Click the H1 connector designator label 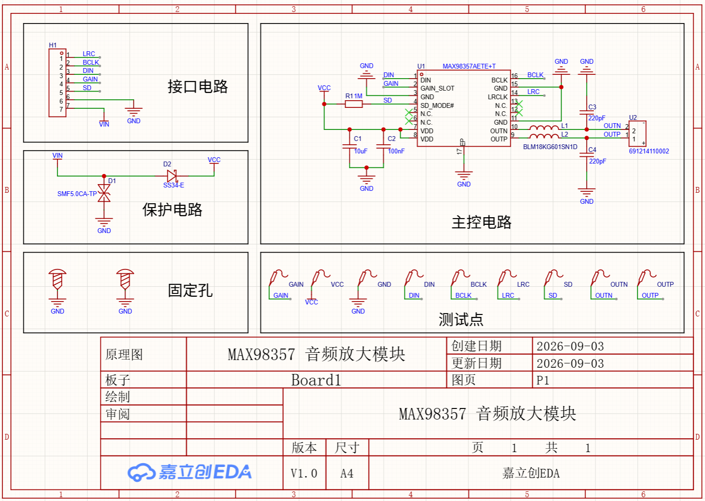(53, 45)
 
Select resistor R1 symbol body (353, 104)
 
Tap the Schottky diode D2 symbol (172, 176)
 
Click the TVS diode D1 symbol (104, 193)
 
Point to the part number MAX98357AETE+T (469, 66)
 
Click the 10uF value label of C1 (361, 151)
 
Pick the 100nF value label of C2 (396, 151)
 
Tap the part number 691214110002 (648, 151)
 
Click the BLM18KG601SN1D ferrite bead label (550, 147)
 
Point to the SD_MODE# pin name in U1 (437, 105)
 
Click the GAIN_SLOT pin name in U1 (437, 89)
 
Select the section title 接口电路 (197, 87)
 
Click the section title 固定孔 (190, 291)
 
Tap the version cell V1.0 (304, 473)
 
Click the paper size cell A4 (347, 473)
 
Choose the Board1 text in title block (316, 380)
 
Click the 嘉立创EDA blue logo (189, 472)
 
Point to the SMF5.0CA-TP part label (77, 194)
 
